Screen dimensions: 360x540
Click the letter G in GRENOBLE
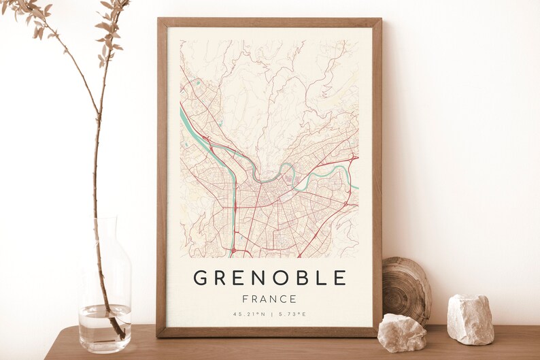coord(201,278)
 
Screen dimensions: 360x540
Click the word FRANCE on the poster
coord(269,299)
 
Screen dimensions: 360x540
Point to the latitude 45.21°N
coord(249,314)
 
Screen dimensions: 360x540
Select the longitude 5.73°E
coord(291,314)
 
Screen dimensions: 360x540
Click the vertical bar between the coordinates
coord(270,314)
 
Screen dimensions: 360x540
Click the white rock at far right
coord(470,319)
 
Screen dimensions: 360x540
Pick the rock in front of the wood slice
coord(401,333)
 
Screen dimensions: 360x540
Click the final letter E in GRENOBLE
coord(340,278)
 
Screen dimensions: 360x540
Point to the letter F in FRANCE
coord(246,299)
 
